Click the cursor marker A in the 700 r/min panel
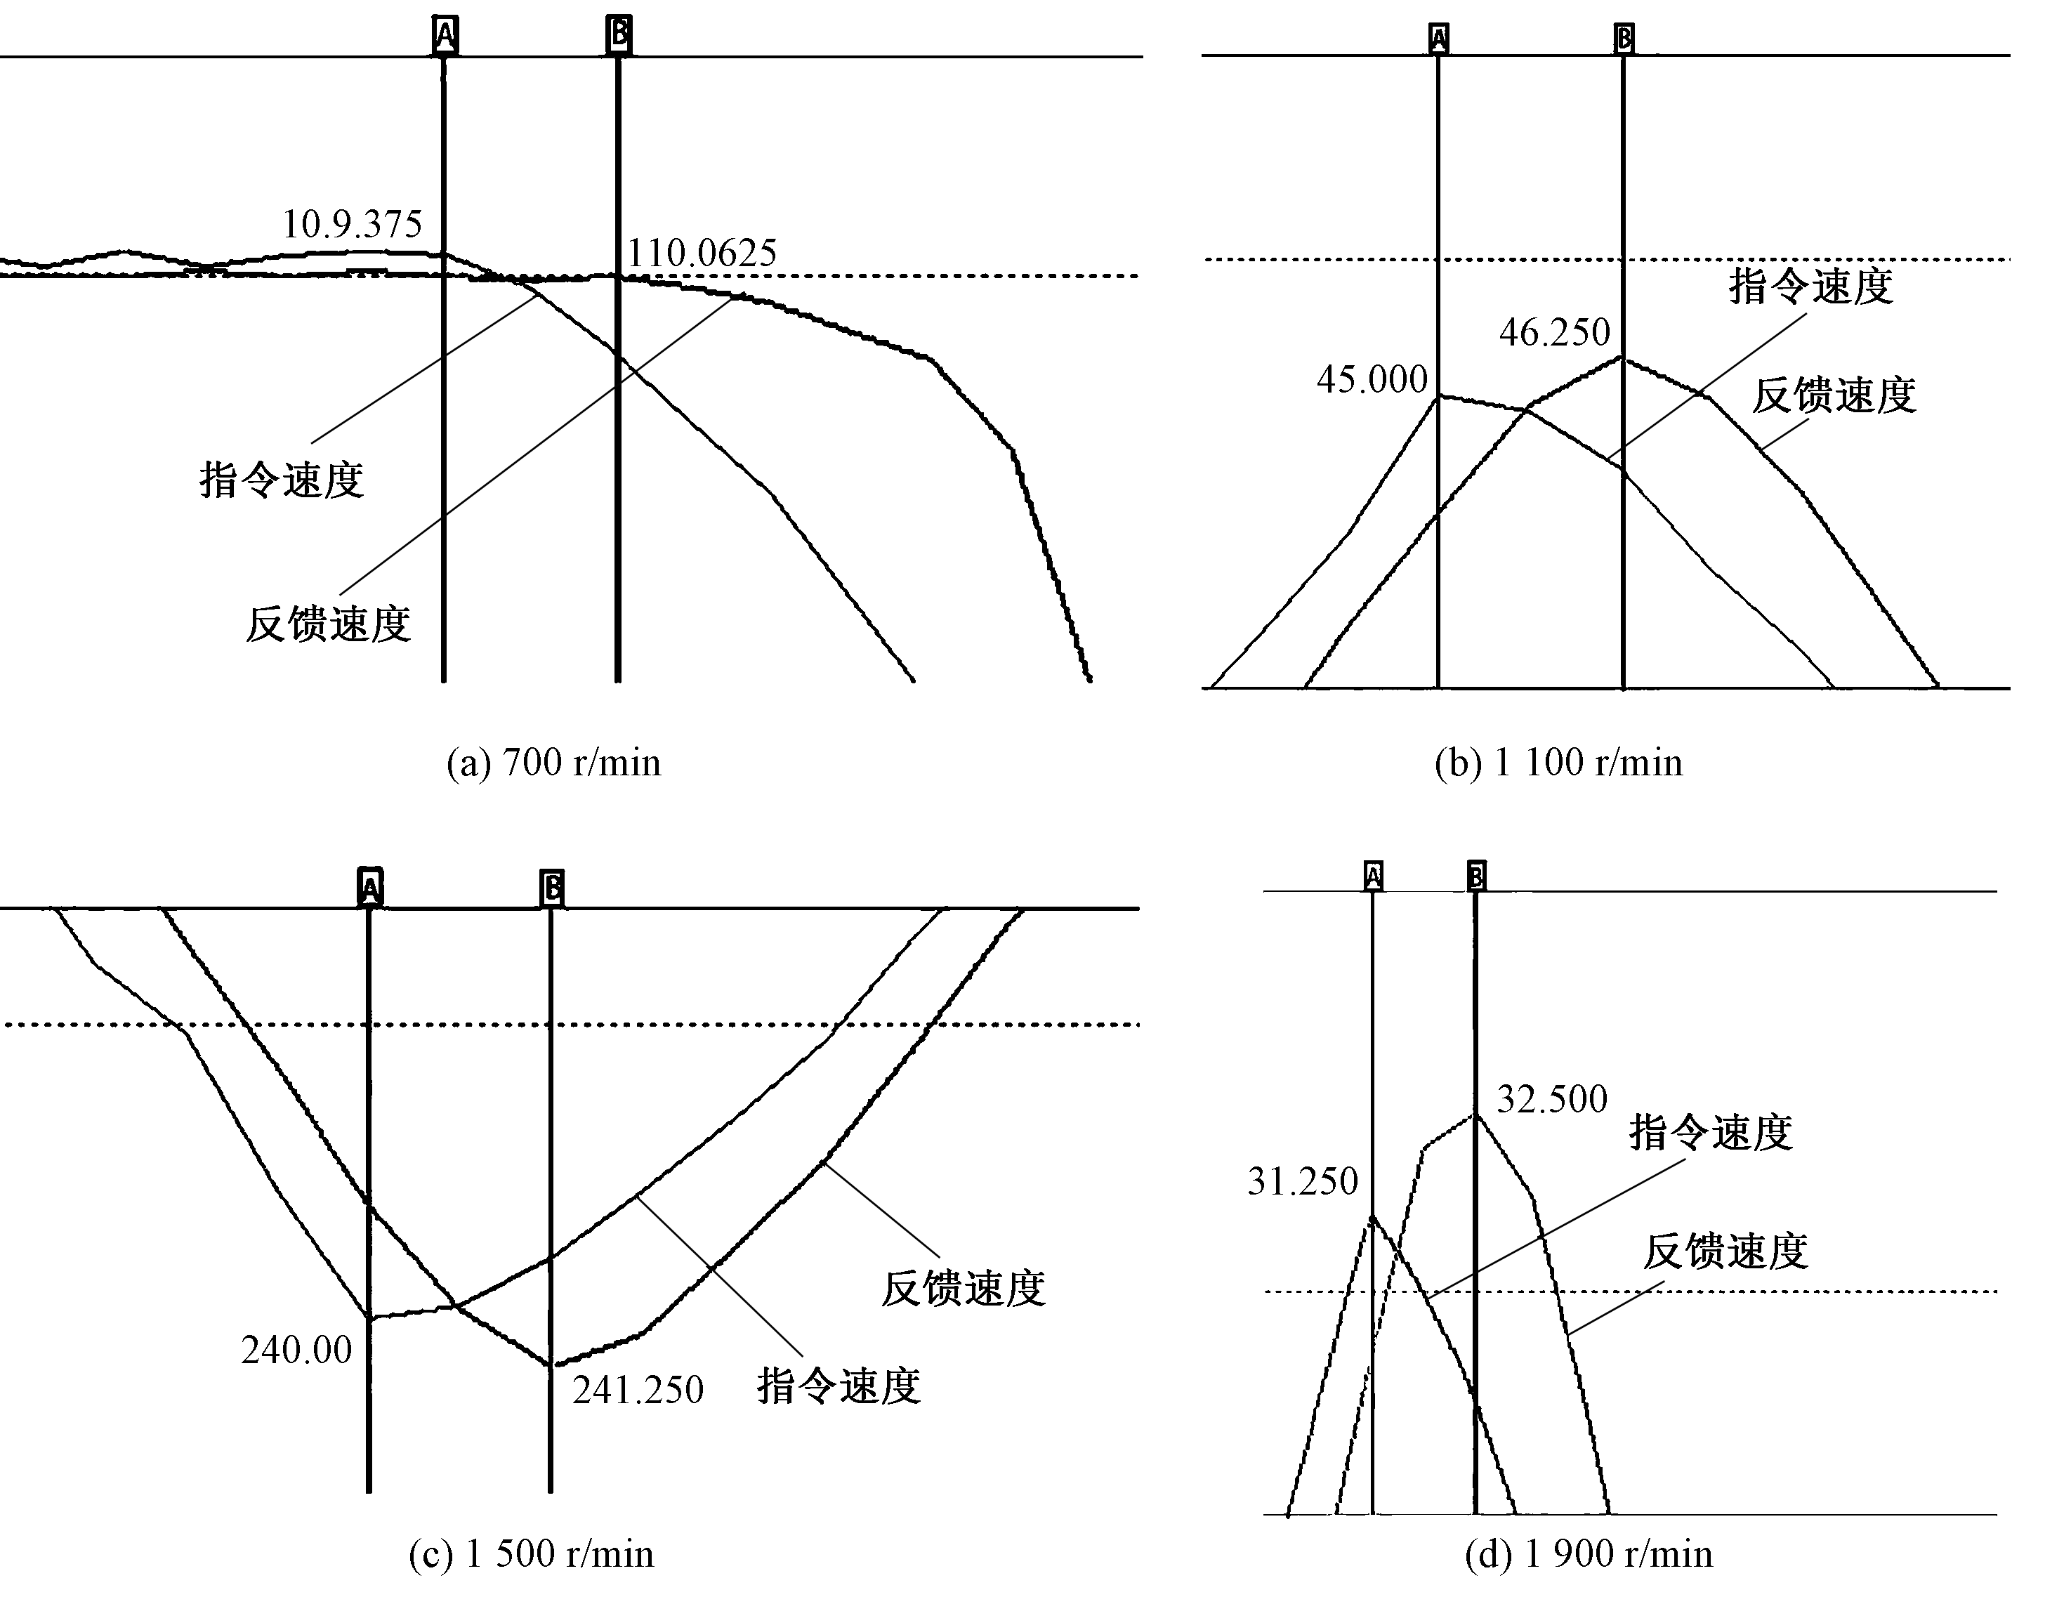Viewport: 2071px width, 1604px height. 445,36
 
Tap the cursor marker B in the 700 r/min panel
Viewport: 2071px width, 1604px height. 618,35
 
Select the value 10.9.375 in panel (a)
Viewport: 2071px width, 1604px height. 352,225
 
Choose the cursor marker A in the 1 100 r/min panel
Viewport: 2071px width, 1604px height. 1438,39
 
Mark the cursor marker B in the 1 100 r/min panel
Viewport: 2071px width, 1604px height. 1624,39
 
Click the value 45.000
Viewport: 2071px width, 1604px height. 1372,380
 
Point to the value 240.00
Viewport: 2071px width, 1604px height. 297,1350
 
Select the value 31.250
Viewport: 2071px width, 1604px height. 1303,1182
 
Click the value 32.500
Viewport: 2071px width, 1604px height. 1552,1100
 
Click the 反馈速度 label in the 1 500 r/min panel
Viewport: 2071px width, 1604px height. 964,1289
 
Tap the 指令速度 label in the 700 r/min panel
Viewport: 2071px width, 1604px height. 282,480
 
